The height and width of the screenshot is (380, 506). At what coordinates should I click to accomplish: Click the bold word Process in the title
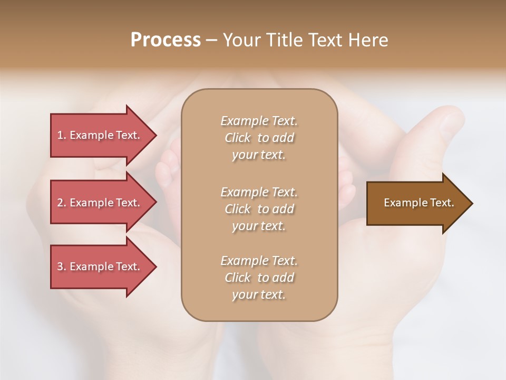click(x=166, y=40)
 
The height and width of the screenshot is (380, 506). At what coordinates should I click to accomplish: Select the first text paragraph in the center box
click(x=259, y=138)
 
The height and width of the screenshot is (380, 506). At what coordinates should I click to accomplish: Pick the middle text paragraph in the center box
click(x=259, y=208)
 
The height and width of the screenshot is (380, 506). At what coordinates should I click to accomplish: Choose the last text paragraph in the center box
click(x=259, y=278)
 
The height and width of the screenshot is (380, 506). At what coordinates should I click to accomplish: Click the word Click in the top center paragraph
click(x=238, y=138)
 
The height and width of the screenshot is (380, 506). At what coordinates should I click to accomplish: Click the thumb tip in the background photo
click(x=451, y=119)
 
